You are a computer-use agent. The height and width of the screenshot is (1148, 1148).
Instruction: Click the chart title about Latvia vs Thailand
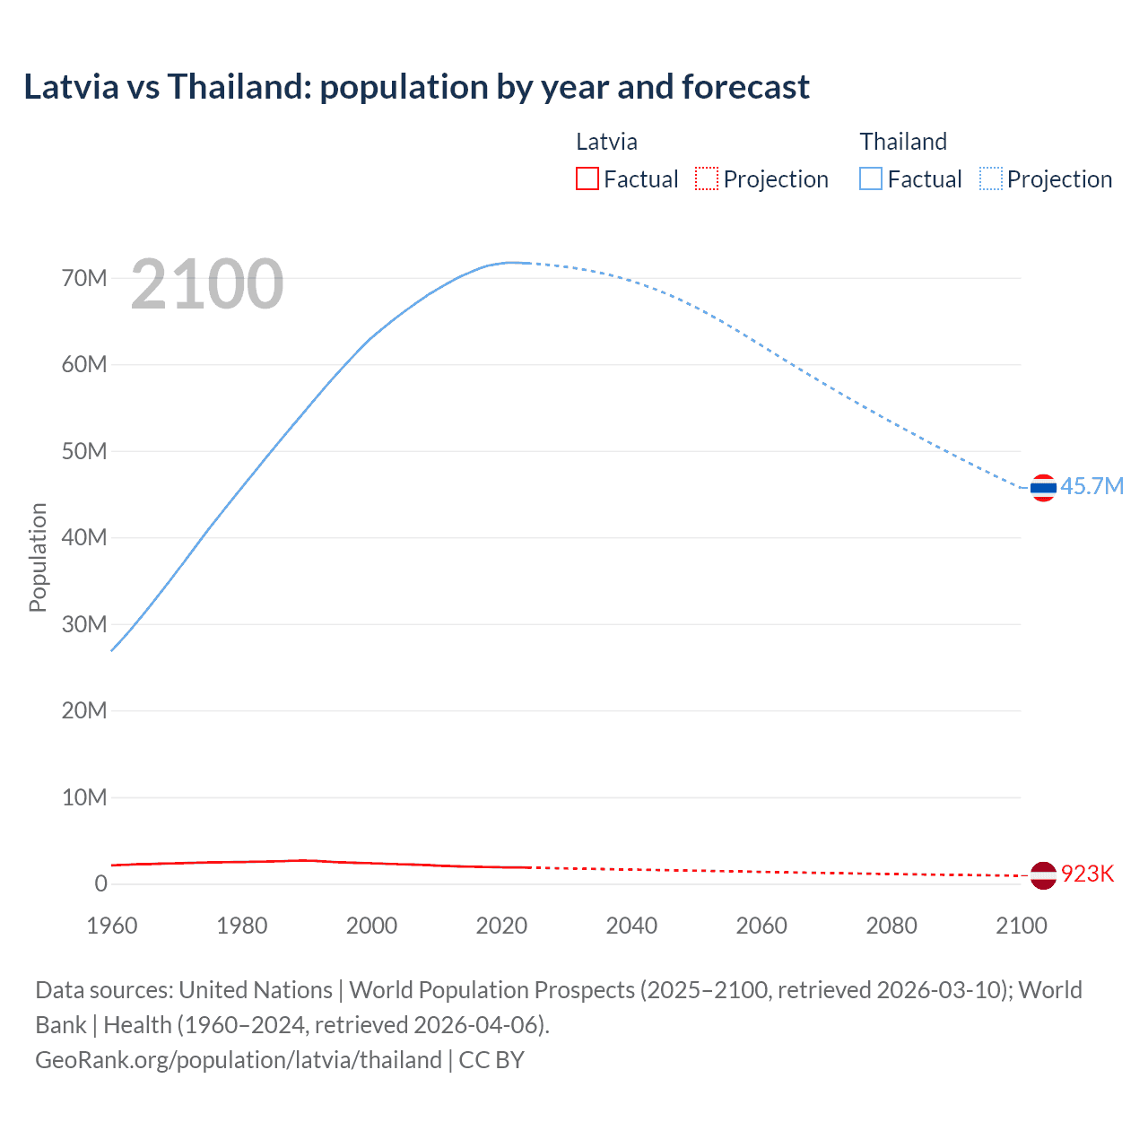click(x=416, y=87)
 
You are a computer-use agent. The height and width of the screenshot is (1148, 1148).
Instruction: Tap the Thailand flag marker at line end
click(x=1043, y=488)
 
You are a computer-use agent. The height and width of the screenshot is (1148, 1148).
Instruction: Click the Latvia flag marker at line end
click(x=1043, y=874)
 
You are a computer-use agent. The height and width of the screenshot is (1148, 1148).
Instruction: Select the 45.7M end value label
click(x=1091, y=487)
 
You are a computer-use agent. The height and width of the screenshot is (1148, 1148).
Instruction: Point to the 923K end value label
click(x=1087, y=874)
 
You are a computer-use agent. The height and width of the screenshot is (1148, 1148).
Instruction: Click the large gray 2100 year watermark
click(x=207, y=284)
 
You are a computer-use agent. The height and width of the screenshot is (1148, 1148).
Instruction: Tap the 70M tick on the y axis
click(x=84, y=279)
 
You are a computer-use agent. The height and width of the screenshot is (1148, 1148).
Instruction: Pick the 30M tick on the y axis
click(x=84, y=624)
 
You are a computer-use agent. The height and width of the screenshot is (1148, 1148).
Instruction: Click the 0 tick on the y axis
click(x=100, y=884)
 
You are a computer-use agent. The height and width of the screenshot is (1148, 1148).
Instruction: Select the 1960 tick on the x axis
click(x=112, y=926)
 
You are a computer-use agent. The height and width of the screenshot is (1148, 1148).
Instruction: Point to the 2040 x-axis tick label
click(x=631, y=926)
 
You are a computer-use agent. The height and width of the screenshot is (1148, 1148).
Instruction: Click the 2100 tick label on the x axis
click(x=1021, y=926)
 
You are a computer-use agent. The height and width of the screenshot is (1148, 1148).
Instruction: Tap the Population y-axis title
click(x=38, y=557)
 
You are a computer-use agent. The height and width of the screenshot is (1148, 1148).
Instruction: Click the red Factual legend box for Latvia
click(x=587, y=179)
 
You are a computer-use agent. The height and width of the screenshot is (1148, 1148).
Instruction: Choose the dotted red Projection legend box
click(x=707, y=179)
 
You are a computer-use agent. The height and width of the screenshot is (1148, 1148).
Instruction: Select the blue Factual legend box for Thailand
click(x=871, y=179)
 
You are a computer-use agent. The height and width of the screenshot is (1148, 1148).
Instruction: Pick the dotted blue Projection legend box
click(x=991, y=179)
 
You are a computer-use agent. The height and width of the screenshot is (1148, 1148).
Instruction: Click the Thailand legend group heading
click(x=903, y=142)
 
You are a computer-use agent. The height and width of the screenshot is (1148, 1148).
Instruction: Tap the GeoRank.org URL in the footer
click(x=239, y=1060)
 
